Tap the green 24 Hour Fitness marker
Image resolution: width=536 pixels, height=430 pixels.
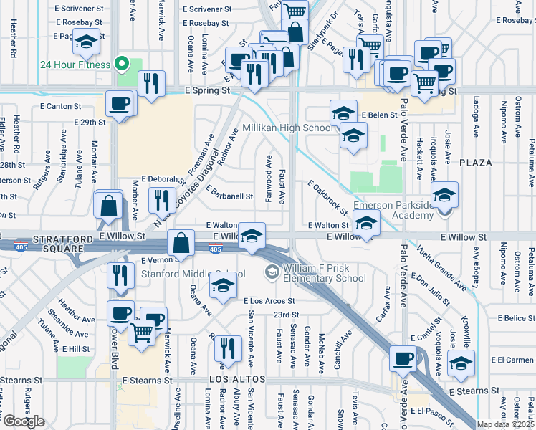[122, 64]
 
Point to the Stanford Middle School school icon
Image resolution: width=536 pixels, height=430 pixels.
[223, 287]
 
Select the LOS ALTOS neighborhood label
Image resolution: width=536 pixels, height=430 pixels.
[238, 378]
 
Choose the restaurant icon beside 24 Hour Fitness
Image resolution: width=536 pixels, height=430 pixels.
[151, 83]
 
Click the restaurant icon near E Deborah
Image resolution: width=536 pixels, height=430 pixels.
[162, 199]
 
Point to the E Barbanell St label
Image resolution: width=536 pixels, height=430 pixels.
[229, 193]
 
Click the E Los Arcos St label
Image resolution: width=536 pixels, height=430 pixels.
[269, 301]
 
